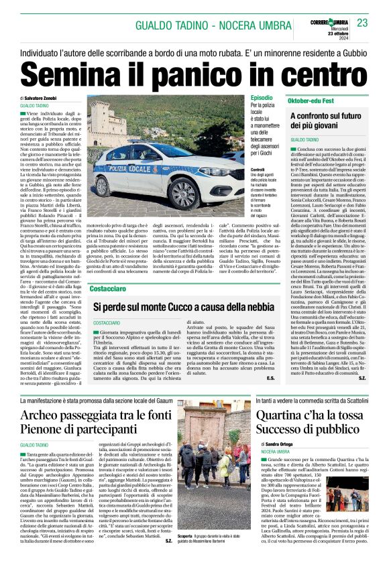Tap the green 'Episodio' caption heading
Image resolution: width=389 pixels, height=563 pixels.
(x=262, y=98)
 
